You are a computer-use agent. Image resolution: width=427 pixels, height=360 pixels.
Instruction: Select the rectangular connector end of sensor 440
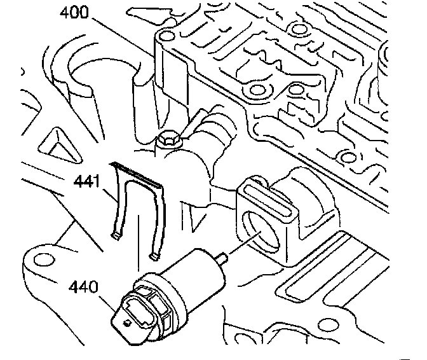tap(135, 315)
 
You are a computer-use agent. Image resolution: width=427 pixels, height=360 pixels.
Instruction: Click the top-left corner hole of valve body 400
tap(166, 35)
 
